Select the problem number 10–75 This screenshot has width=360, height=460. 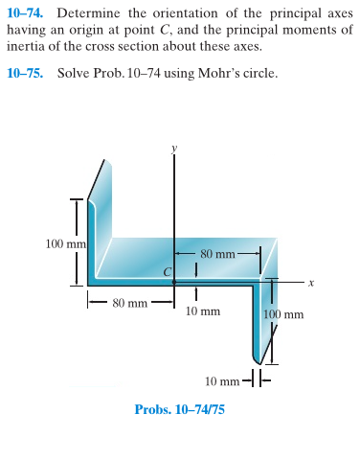(x=26, y=73)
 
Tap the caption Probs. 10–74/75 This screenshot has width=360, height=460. (x=179, y=409)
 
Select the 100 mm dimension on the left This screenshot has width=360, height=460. (x=65, y=243)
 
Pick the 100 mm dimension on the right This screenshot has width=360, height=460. (x=283, y=313)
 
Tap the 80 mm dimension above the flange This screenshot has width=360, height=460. (x=218, y=254)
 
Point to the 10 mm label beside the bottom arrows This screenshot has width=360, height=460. (x=223, y=380)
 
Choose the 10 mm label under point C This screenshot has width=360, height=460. (x=203, y=311)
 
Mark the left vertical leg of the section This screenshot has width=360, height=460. (x=93, y=240)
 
